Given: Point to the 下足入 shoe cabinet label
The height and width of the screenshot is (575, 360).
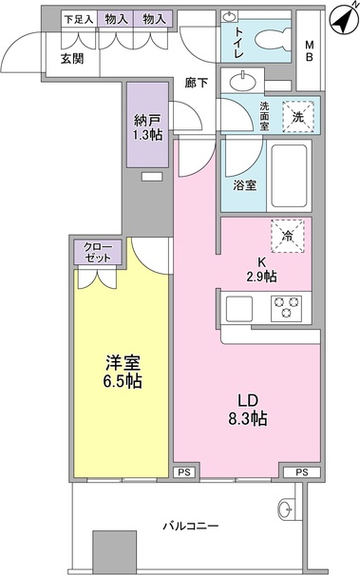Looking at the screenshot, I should (78, 19).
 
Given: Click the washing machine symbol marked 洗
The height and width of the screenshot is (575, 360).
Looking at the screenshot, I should (297, 117).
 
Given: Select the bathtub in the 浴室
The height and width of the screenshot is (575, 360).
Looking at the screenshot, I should (286, 177).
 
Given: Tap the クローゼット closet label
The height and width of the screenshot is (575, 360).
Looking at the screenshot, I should (97, 253).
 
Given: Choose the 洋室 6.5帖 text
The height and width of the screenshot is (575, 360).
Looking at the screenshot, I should (122, 369).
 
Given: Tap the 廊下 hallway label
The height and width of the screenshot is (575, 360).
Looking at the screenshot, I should (197, 82).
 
